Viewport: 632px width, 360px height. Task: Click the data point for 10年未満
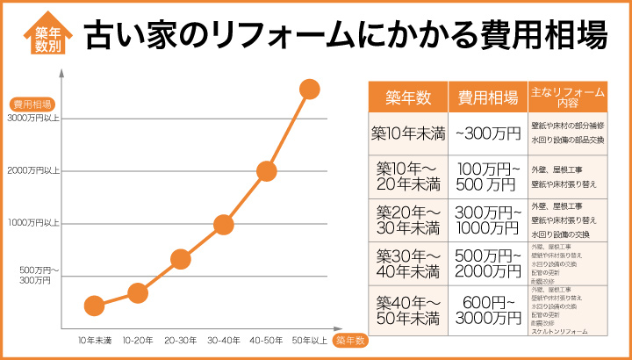click(x=95, y=306)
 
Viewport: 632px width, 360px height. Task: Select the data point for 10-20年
click(x=138, y=292)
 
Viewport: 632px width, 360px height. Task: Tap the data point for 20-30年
click(x=181, y=258)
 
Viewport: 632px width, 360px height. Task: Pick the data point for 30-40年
click(x=224, y=224)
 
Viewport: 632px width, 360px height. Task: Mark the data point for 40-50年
click(x=267, y=170)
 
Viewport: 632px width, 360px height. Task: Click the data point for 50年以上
click(x=309, y=89)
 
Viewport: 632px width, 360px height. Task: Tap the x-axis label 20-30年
click(x=180, y=339)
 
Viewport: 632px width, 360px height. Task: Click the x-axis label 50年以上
click(x=309, y=339)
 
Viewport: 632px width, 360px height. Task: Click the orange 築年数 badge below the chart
click(x=348, y=340)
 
